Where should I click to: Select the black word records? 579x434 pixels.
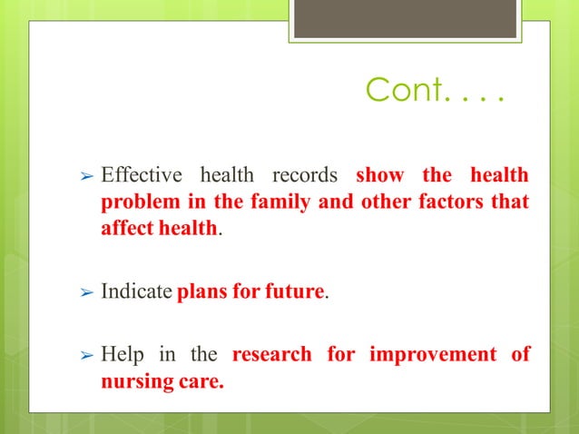(x=306, y=174)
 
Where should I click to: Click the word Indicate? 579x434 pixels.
(x=136, y=292)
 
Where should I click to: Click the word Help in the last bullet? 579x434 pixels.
(x=121, y=353)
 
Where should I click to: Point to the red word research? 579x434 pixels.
(x=271, y=353)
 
